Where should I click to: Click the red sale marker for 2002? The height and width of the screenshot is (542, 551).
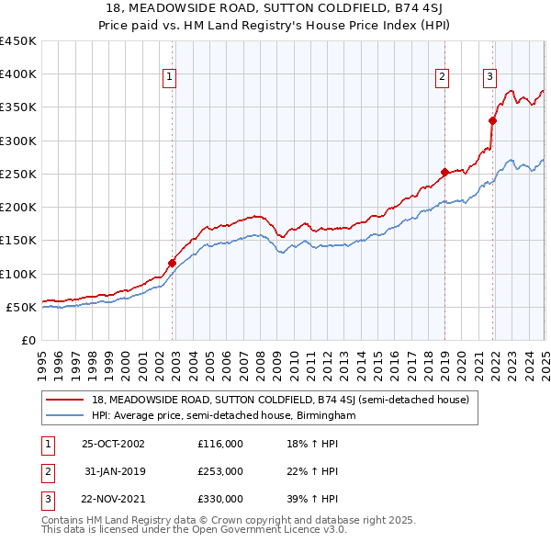pos(172,263)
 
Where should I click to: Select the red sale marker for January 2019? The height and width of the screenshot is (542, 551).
pos(444,172)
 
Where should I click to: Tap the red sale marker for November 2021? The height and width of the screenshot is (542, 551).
pos(493,120)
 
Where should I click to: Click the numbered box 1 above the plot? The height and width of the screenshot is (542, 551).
pos(171,77)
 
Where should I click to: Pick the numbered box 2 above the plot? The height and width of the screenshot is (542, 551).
pos(442,77)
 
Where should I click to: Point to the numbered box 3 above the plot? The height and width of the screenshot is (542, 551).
pos(490,77)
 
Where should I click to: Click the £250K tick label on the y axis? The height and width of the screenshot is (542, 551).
pos(17,174)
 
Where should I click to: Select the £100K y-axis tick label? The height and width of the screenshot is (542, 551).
pos(17,274)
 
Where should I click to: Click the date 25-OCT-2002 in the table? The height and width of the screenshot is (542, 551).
pos(113,443)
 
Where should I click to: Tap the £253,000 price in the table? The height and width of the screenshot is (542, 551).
pos(219,471)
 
